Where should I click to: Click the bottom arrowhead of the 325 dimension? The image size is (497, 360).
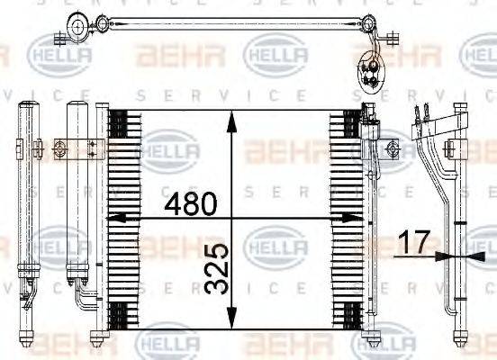point(232,326)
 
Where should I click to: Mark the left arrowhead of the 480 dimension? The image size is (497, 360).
point(112,218)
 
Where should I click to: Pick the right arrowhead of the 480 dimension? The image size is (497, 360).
point(357,218)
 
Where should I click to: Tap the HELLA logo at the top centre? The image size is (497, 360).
point(275,55)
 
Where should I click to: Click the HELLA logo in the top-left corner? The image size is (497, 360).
point(60,56)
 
